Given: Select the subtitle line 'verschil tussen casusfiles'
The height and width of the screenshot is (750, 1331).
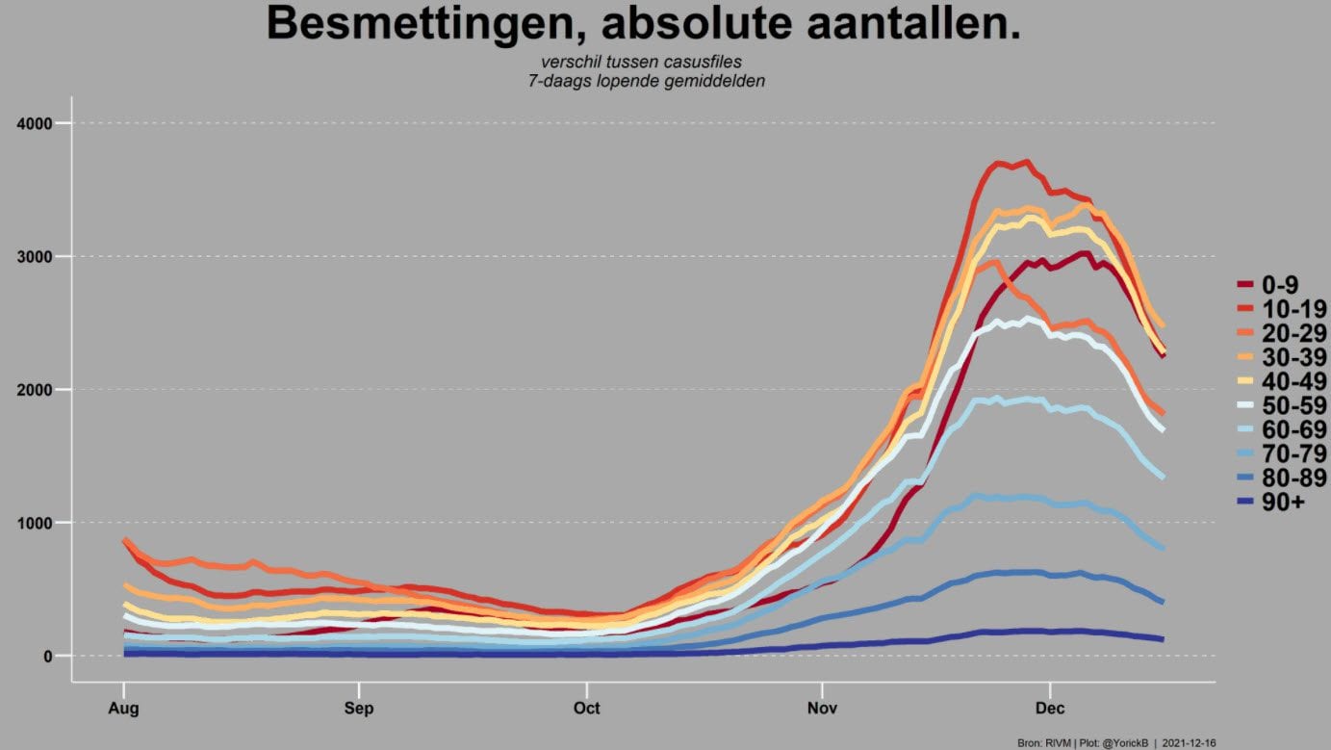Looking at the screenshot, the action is coord(641,62).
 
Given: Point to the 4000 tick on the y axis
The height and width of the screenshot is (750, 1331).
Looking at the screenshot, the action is coord(35,123).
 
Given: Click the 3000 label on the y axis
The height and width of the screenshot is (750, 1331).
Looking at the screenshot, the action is coord(35,257).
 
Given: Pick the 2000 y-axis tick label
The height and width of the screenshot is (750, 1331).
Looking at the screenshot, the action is coord(35,390).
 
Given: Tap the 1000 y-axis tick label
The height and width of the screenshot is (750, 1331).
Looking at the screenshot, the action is coord(35,523).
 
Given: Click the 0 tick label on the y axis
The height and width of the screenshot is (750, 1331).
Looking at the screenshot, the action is coord(48,656).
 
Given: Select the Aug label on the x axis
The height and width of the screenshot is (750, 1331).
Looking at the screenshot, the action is coord(123,709).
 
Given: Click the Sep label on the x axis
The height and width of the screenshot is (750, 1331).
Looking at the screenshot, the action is coord(359,709).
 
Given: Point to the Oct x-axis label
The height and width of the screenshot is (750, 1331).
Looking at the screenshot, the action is coord(586,709).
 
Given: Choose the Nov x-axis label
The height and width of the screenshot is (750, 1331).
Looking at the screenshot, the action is coord(822,709).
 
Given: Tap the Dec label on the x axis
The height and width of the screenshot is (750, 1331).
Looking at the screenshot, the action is coord(1050,709).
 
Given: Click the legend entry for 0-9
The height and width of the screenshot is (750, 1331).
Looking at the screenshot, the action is coord(1268,285).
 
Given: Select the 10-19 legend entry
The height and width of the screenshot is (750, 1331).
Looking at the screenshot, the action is coord(1282,309).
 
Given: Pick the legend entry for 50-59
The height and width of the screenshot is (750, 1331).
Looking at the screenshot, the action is coord(1282,405).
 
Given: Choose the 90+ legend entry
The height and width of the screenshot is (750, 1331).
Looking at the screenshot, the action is coord(1271,503).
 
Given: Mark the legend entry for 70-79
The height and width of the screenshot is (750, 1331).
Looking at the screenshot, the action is coord(1282,454).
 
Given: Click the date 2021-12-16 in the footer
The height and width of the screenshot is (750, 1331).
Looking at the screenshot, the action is coord(1189,743).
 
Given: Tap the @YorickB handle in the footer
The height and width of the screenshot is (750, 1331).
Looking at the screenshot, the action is coord(1125,743).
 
